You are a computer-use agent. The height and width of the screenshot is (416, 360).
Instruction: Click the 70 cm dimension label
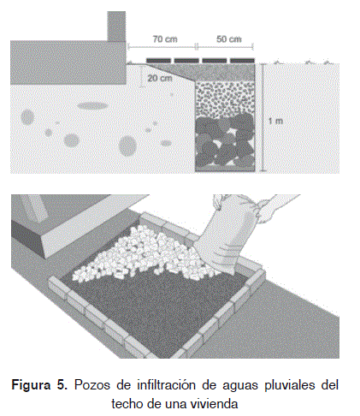tap(165, 39)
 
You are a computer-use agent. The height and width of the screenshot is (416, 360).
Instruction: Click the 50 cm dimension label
tap(228, 39)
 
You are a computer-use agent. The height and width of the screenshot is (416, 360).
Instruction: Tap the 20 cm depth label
tap(160, 78)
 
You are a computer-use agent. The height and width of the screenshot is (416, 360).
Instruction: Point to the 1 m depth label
tap(275, 121)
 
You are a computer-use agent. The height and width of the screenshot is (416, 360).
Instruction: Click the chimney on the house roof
tap(116, 27)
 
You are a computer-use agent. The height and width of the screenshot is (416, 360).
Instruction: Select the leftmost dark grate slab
tap(159, 61)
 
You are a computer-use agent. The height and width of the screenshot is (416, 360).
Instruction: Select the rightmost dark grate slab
tap(242, 61)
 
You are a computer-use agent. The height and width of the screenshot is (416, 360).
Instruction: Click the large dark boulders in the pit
tap(225, 140)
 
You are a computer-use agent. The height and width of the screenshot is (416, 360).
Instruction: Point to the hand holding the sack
tap(274, 209)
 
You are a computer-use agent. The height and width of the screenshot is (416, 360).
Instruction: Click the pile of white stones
tap(143, 255)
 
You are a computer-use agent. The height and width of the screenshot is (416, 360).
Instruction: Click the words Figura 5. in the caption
tap(39, 385)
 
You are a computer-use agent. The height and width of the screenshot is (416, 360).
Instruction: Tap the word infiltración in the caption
tap(167, 385)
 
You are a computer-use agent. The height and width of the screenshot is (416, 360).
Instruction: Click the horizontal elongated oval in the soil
tap(92, 106)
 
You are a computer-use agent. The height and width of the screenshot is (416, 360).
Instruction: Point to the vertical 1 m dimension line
tap(263, 117)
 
